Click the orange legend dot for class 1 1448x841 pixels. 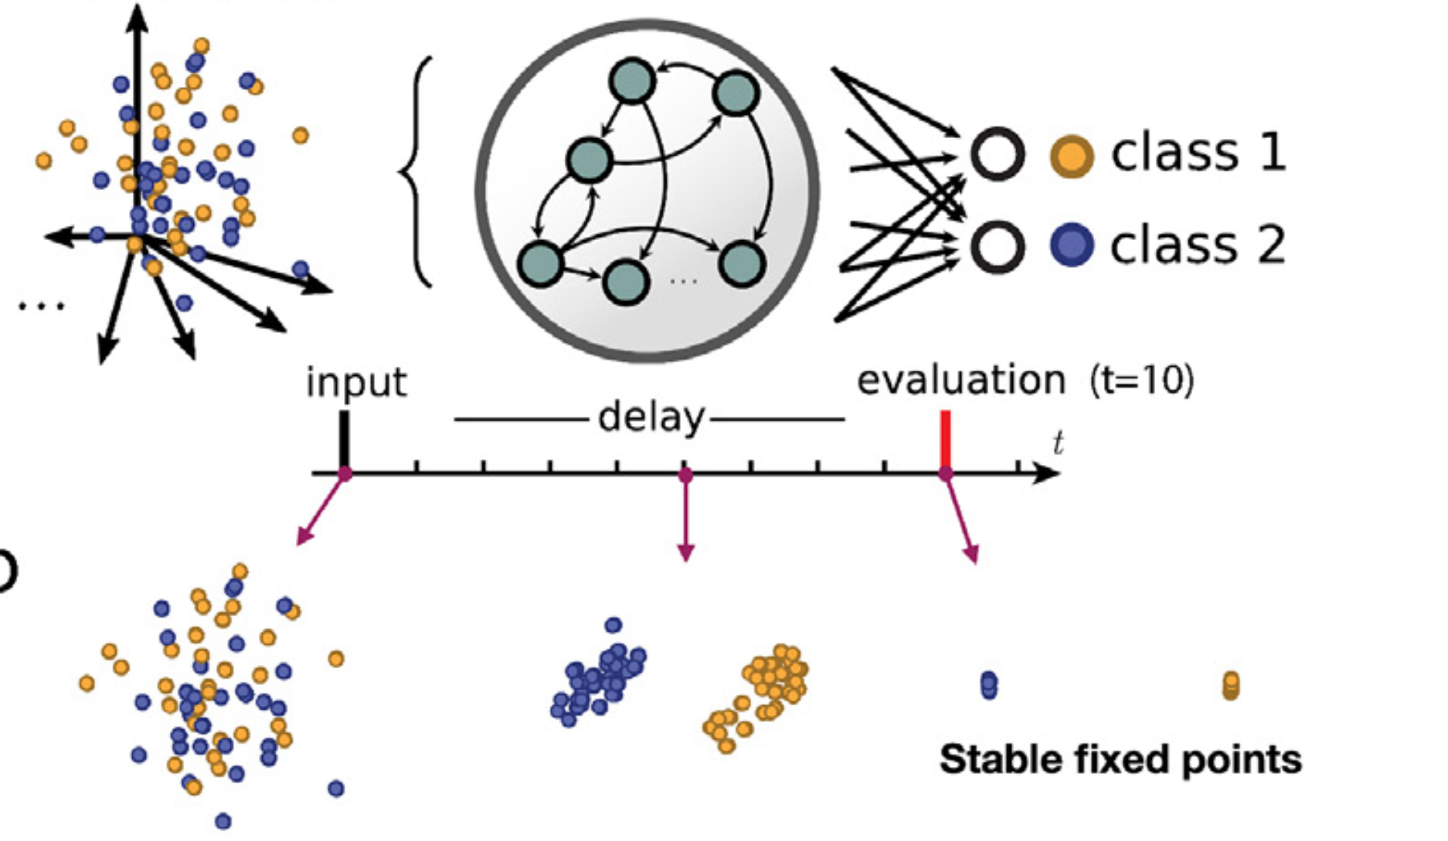pyautogui.click(x=1071, y=156)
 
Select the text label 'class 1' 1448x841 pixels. pyautogui.click(x=1198, y=152)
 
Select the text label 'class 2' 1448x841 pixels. pyautogui.click(x=1198, y=245)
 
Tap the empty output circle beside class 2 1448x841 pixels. pyautogui.click(x=997, y=246)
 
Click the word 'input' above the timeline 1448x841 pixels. pyautogui.click(x=356, y=382)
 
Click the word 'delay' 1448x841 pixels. pyautogui.click(x=651, y=417)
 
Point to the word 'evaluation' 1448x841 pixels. pyautogui.click(x=960, y=380)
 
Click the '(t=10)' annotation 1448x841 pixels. pyautogui.click(x=1142, y=380)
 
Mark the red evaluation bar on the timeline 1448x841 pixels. pyautogui.click(x=945, y=439)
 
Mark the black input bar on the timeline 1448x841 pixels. pyautogui.click(x=344, y=439)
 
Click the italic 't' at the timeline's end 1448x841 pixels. pyautogui.click(x=1058, y=443)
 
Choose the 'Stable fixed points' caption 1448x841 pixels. pyautogui.click(x=1120, y=759)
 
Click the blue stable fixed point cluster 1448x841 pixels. pyautogui.click(x=989, y=685)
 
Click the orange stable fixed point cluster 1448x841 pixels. pyautogui.click(x=1231, y=685)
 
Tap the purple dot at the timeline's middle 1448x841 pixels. pyautogui.click(x=685, y=475)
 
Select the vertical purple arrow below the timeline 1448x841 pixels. pyautogui.click(x=685, y=521)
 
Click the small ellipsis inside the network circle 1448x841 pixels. pyautogui.click(x=683, y=281)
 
